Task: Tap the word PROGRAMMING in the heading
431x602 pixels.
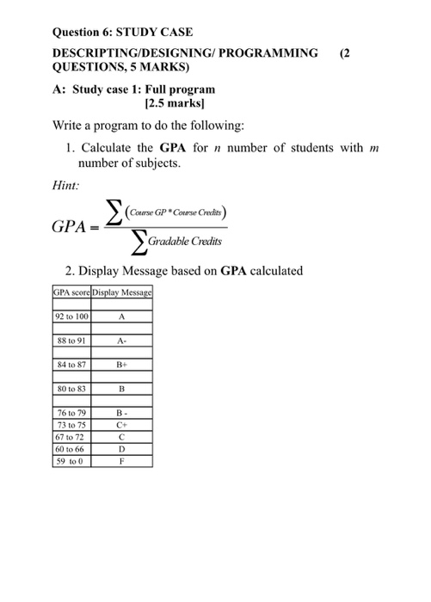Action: click(270, 53)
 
